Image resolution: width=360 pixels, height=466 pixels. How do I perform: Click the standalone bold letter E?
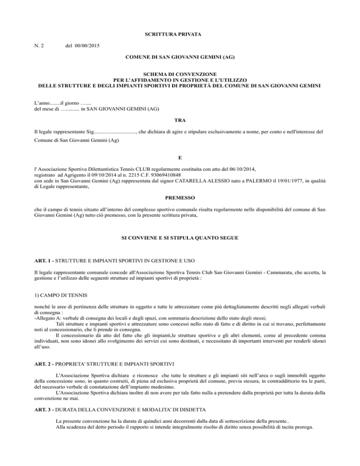[x=180, y=158]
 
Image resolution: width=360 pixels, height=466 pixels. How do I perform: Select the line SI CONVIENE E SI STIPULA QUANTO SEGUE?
[x=180, y=238]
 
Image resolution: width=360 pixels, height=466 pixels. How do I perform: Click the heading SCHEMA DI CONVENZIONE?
[x=180, y=74]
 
